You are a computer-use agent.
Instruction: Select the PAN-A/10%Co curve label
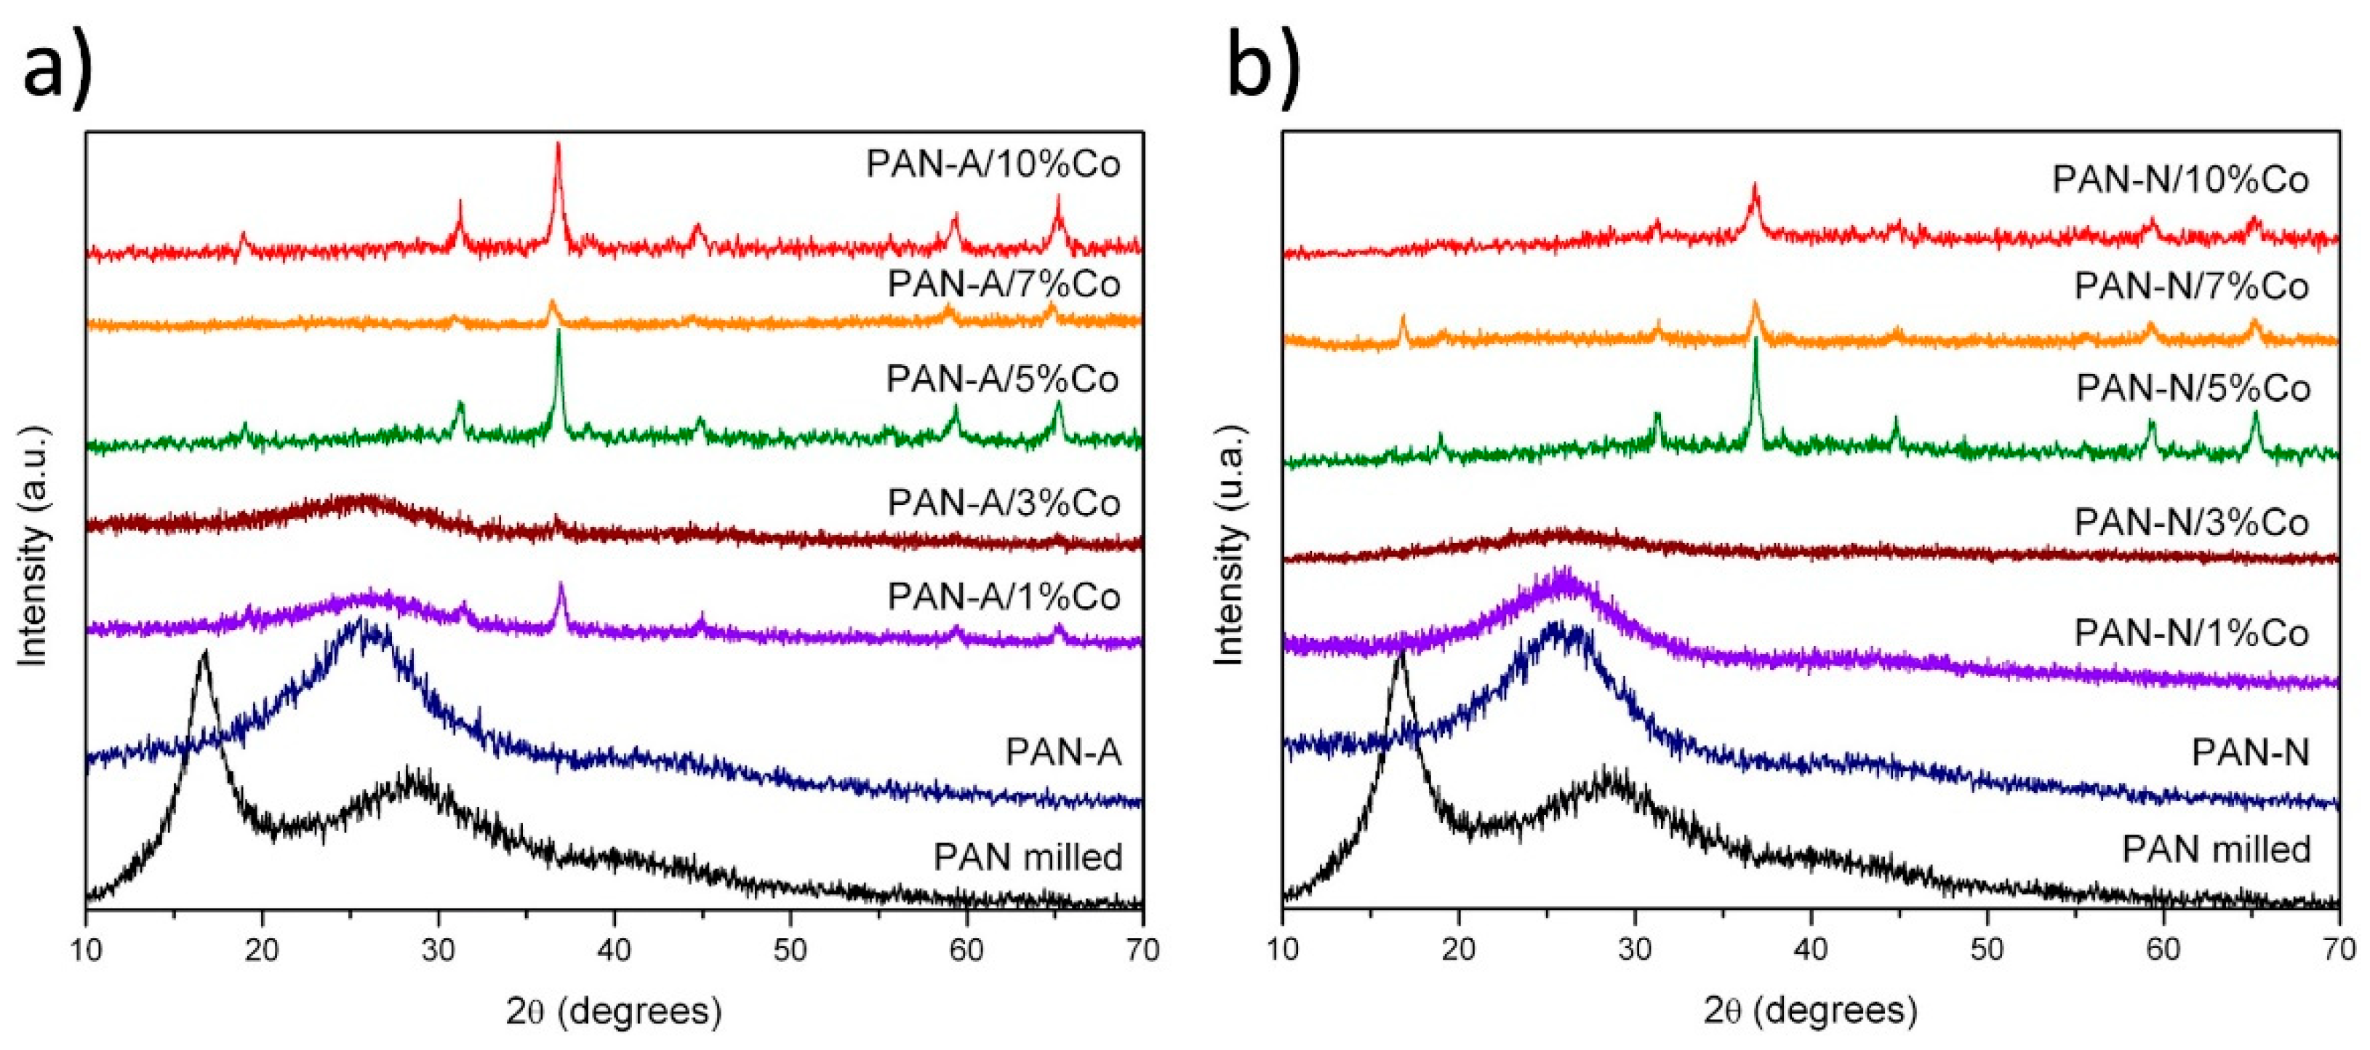993,164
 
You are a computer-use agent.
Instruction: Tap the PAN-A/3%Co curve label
1004,503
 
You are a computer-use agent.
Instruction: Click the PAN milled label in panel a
1028,856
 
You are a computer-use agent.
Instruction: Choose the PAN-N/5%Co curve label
2193,389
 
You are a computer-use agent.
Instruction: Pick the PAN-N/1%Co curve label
2192,633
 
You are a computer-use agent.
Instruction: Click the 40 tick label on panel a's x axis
614,949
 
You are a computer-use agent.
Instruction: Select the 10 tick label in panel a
87,949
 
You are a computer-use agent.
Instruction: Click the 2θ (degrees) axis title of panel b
1810,1011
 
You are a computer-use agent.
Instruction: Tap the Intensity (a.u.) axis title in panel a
33,545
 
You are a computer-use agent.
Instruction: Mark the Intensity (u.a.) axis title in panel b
1229,545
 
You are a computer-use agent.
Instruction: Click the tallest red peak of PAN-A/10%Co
558,146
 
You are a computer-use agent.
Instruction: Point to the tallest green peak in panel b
1756,341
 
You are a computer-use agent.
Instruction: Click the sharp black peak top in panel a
204,651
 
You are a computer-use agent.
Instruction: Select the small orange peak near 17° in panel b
1403,319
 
